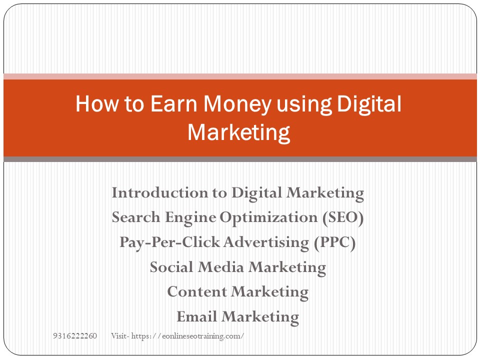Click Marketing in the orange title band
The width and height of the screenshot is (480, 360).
(238, 133)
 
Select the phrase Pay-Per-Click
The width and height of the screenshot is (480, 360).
(169, 242)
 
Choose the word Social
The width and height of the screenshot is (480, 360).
(172, 267)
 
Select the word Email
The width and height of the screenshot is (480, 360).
(197, 317)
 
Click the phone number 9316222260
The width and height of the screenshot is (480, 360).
(75, 335)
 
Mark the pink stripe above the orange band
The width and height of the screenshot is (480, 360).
(240, 76)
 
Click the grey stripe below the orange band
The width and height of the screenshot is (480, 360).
(240, 159)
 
